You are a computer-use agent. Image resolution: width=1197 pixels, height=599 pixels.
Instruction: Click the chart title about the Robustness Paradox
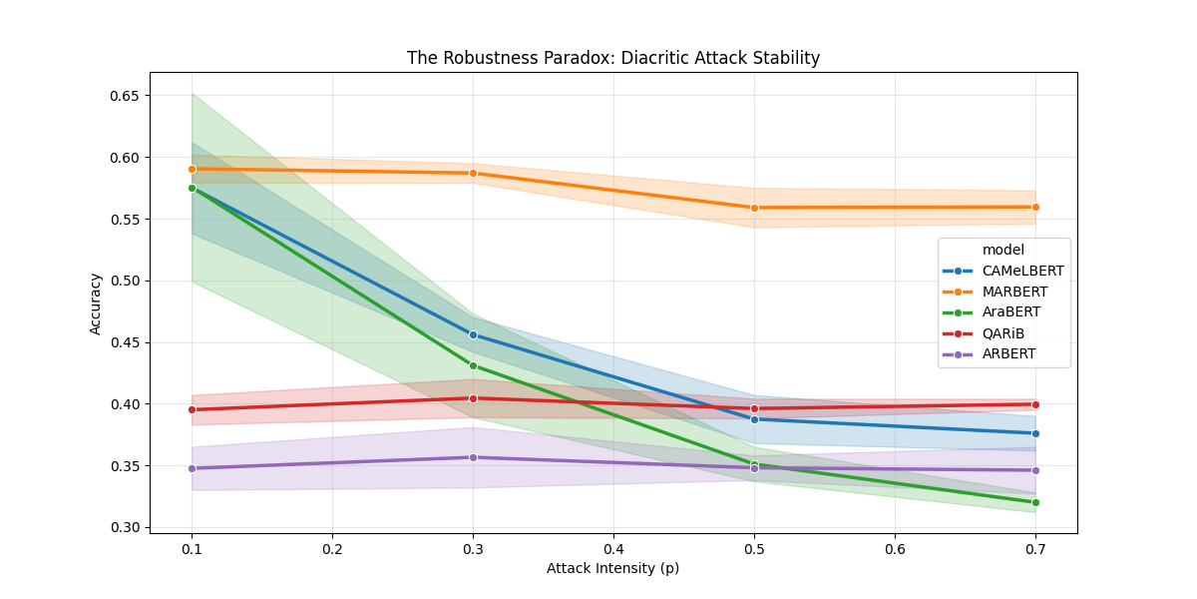612,58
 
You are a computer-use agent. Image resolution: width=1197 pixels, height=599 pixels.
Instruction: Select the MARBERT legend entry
1014,292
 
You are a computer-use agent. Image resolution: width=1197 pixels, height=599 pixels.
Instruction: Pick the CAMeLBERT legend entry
1022,271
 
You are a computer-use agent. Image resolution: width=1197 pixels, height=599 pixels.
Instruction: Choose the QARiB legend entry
1003,333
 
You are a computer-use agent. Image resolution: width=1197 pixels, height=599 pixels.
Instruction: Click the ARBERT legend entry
1008,354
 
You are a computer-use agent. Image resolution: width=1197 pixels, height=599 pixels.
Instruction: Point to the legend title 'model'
1003,250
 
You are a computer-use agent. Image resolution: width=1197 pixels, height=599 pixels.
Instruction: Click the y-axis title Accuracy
96,303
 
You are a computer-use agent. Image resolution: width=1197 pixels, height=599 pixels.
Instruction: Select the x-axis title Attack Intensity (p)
612,568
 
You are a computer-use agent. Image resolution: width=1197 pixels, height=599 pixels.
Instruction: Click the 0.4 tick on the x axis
613,549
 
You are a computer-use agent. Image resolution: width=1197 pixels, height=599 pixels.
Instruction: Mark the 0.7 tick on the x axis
1035,549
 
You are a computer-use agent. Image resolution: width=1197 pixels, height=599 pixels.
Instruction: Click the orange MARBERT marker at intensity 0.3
473,173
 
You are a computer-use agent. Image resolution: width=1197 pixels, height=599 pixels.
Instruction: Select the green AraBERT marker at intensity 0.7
1035,502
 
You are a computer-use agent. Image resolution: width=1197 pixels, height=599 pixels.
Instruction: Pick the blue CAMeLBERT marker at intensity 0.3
473,334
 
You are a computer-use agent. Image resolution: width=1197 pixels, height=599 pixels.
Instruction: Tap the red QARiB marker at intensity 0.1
192,409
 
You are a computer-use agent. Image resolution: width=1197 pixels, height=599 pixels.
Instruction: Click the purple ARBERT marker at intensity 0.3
473,457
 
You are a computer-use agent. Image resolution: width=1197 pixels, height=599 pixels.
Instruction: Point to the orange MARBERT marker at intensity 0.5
754,208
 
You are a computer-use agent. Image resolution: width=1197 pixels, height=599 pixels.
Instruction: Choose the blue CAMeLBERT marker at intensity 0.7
1035,433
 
